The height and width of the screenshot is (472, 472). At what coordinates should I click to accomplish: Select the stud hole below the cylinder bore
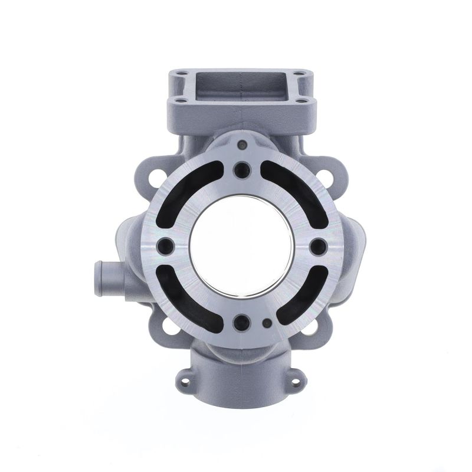click(x=240, y=322)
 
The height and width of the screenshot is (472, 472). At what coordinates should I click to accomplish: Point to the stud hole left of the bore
click(x=165, y=246)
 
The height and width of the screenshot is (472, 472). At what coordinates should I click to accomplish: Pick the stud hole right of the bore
click(x=316, y=246)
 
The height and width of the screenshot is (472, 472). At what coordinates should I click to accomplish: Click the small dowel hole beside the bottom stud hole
click(x=267, y=323)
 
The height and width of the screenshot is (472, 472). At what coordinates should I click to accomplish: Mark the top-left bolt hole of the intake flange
click(x=181, y=75)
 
